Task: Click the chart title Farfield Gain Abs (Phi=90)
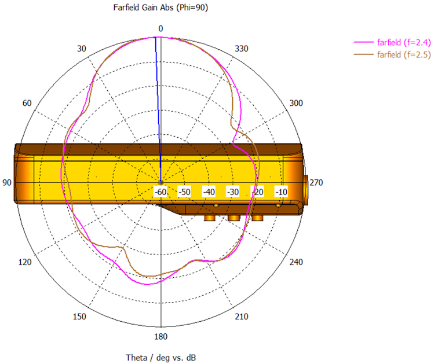click(160, 8)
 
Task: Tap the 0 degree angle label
click(160, 28)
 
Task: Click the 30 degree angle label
click(82, 49)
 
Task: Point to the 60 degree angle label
click(27, 103)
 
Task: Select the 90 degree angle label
click(7, 182)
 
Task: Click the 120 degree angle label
click(25, 262)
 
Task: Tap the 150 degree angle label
click(79, 317)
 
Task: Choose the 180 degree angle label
click(161, 337)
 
